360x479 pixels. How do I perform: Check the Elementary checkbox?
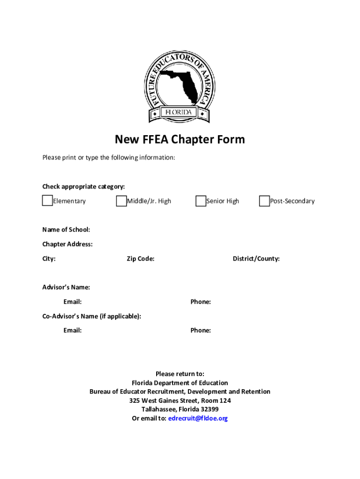[x=47, y=201]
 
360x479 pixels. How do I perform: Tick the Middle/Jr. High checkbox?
[x=121, y=201]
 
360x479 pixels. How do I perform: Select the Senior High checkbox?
[x=201, y=201]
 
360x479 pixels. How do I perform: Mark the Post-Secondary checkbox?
[x=264, y=201]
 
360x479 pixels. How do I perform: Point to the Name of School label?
[x=66, y=230]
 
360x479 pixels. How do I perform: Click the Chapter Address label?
[x=67, y=244]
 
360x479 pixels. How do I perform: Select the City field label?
[x=49, y=259]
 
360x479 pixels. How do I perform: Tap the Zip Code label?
[x=140, y=259]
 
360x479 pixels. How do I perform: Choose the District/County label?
[x=256, y=259]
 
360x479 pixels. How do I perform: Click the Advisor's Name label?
[x=66, y=287]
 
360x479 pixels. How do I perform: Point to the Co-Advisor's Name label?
[x=92, y=316]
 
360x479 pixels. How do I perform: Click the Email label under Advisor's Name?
[x=72, y=302]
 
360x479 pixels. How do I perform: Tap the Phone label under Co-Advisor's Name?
[x=200, y=330]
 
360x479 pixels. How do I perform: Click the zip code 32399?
[x=209, y=409]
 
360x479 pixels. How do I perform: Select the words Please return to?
[x=180, y=374]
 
